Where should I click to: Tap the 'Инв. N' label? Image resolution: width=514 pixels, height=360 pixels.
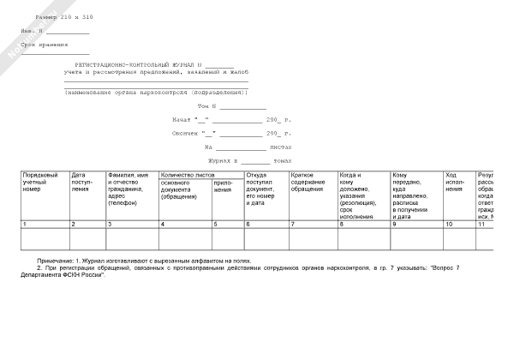[x=33, y=31]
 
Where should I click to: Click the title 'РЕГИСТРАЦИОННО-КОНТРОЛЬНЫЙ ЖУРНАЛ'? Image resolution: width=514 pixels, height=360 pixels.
[x=136, y=65]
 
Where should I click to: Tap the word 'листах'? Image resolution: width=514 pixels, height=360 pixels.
[x=280, y=147]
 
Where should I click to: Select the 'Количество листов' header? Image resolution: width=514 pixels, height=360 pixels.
[x=188, y=175]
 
